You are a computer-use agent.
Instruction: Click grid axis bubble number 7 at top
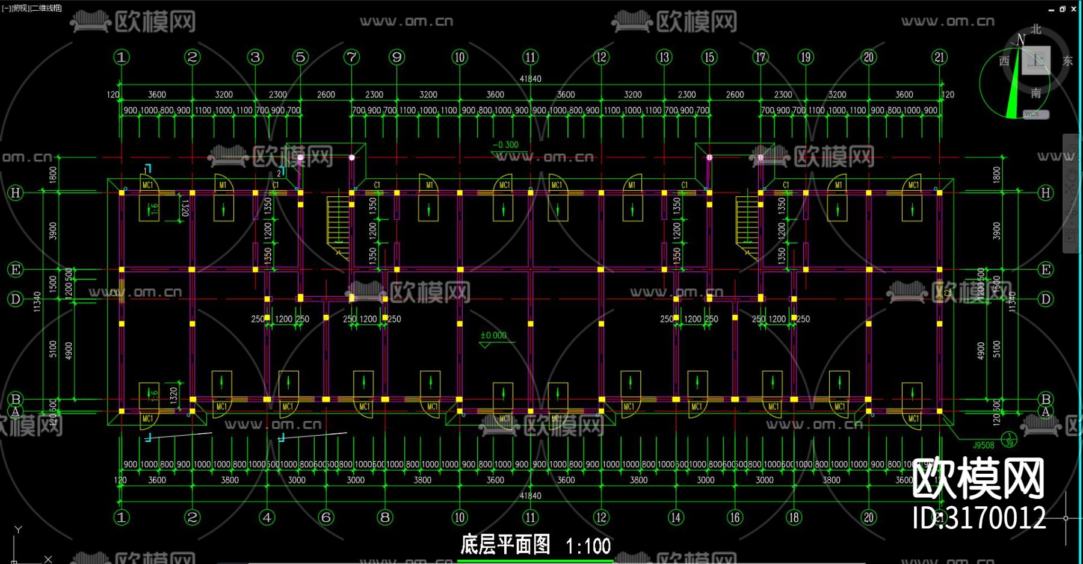(351, 57)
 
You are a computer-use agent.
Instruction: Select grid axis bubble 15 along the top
(709, 57)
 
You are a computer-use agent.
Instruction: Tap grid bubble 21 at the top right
(939, 57)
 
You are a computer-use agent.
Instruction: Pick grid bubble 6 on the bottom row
(326, 517)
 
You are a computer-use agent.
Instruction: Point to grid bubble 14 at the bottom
(676, 517)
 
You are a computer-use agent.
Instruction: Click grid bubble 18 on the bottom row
(794, 517)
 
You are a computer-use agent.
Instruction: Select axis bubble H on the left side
(16, 193)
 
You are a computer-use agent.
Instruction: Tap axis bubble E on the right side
(1046, 270)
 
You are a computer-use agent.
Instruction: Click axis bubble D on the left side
(16, 299)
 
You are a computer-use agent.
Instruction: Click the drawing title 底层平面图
(505, 544)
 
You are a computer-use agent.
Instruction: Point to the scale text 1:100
(588, 546)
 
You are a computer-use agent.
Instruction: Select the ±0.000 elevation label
(493, 335)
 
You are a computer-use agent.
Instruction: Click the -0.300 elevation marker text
(505, 144)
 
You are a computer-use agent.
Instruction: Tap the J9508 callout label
(984, 445)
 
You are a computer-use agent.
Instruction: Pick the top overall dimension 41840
(530, 79)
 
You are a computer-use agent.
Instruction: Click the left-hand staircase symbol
(338, 226)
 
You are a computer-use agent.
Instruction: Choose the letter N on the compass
(1020, 40)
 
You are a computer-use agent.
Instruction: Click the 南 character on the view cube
(1036, 93)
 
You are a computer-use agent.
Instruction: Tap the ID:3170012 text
(979, 518)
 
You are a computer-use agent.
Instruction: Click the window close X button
(1074, 9)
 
